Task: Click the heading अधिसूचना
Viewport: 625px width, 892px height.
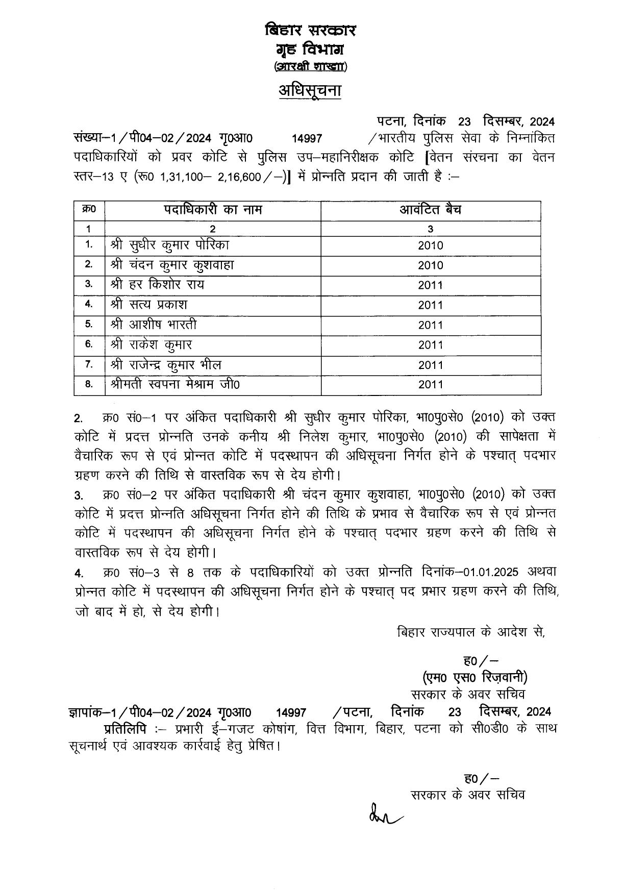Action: pos(310,90)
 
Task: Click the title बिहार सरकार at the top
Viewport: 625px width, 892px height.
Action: pos(310,30)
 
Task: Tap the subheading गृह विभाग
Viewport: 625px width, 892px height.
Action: pos(310,49)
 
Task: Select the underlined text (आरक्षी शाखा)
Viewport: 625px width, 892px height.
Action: pos(310,66)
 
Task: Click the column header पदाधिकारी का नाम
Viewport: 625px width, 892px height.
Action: pos(213,210)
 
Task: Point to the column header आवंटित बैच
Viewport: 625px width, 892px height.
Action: pos(430,210)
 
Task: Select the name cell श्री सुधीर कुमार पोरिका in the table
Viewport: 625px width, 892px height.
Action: pos(169,245)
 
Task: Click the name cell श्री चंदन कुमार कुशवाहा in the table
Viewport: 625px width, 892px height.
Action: pos(172,265)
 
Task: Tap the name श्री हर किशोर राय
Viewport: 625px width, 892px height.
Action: pos(157,285)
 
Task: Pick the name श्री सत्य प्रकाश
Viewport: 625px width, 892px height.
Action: pos(148,305)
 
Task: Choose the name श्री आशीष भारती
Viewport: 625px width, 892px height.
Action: pos(153,325)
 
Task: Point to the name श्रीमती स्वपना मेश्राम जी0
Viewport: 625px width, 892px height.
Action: pos(174,384)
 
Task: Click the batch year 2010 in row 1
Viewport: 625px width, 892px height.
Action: pos(430,245)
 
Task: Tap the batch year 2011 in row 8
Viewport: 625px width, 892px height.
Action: pos(430,385)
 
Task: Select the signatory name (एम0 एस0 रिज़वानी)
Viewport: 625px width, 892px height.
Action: pos(474,677)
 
